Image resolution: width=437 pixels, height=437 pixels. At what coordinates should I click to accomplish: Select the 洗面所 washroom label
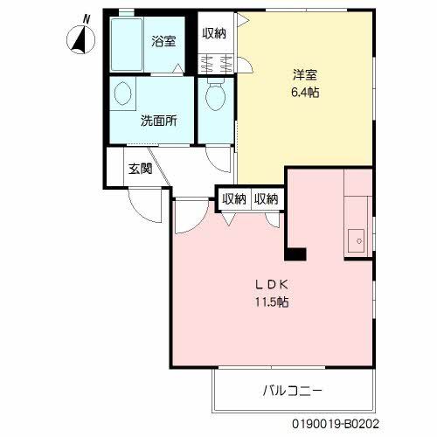pos(159,121)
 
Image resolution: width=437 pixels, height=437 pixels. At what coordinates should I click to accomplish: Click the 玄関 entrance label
pos(140,168)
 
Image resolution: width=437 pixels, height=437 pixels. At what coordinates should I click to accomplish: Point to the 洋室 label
pos(304,75)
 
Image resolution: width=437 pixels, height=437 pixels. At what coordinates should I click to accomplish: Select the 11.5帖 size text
pos(272,302)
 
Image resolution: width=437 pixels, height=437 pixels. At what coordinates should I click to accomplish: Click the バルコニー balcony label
pos(293,390)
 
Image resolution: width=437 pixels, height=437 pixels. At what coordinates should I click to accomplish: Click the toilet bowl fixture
pos(215,97)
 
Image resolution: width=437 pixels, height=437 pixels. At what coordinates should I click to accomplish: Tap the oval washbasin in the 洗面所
pos(122,94)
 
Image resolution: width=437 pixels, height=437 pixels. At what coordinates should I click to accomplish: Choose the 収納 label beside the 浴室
pos(214,33)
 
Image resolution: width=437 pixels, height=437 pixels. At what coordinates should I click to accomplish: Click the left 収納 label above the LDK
pos(232,198)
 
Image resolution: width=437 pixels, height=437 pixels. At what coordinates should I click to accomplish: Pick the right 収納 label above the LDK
pos(267,198)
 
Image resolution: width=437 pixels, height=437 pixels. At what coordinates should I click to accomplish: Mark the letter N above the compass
pos(86,18)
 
